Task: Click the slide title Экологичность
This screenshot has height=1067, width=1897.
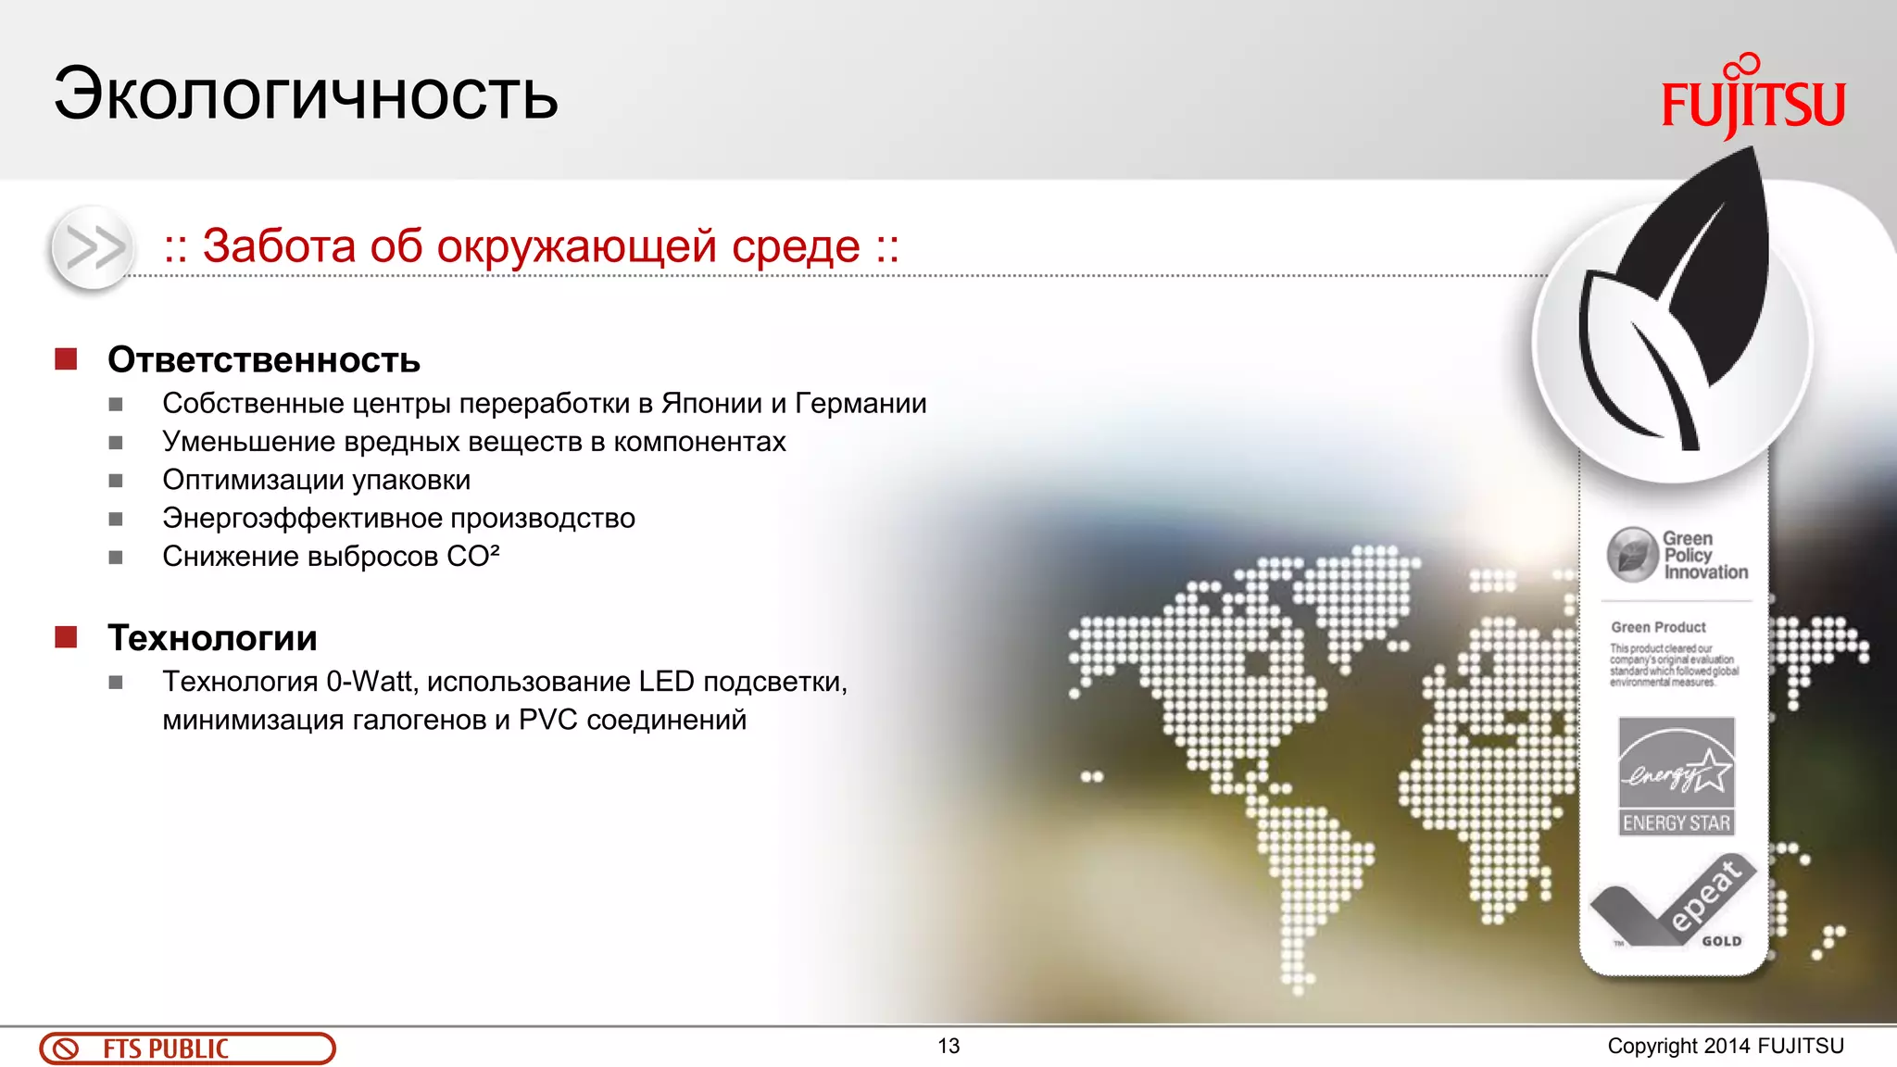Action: (x=306, y=94)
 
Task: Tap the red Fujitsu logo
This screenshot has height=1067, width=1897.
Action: (x=1753, y=100)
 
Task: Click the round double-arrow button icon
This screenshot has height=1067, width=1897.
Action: (x=92, y=247)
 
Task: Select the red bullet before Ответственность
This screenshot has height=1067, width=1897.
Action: (x=66, y=359)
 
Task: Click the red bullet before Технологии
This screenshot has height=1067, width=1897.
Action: (x=66, y=637)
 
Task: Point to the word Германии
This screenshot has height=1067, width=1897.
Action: (x=861, y=404)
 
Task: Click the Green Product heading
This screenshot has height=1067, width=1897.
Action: (x=1658, y=627)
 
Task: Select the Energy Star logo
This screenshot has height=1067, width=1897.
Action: (x=1676, y=776)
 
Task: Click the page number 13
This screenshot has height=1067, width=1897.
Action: (x=948, y=1047)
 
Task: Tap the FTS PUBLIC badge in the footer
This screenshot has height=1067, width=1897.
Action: (x=187, y=1048)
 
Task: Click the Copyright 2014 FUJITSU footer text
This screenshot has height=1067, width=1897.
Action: (x=1725, y=1047)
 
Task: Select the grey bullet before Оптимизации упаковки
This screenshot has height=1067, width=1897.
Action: (x=116, y=481)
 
